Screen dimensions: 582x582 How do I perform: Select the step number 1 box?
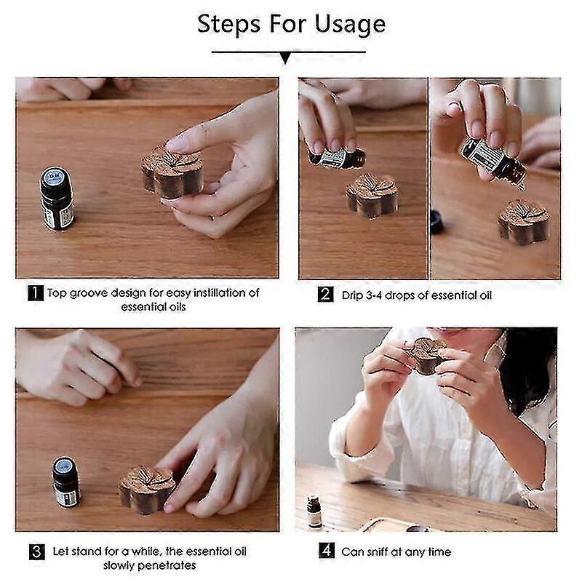(36, 293)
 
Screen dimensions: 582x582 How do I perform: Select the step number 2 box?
(325, 295)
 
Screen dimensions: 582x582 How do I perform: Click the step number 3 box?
(36, 551)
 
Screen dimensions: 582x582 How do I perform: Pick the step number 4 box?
(327, 551)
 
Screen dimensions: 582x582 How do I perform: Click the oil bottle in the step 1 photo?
(57, 198)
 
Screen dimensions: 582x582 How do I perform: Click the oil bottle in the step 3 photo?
(66, 481)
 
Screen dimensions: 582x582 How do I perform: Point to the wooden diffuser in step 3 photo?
(148, 488)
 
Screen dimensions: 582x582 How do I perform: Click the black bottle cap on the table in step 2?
(436, 221)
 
